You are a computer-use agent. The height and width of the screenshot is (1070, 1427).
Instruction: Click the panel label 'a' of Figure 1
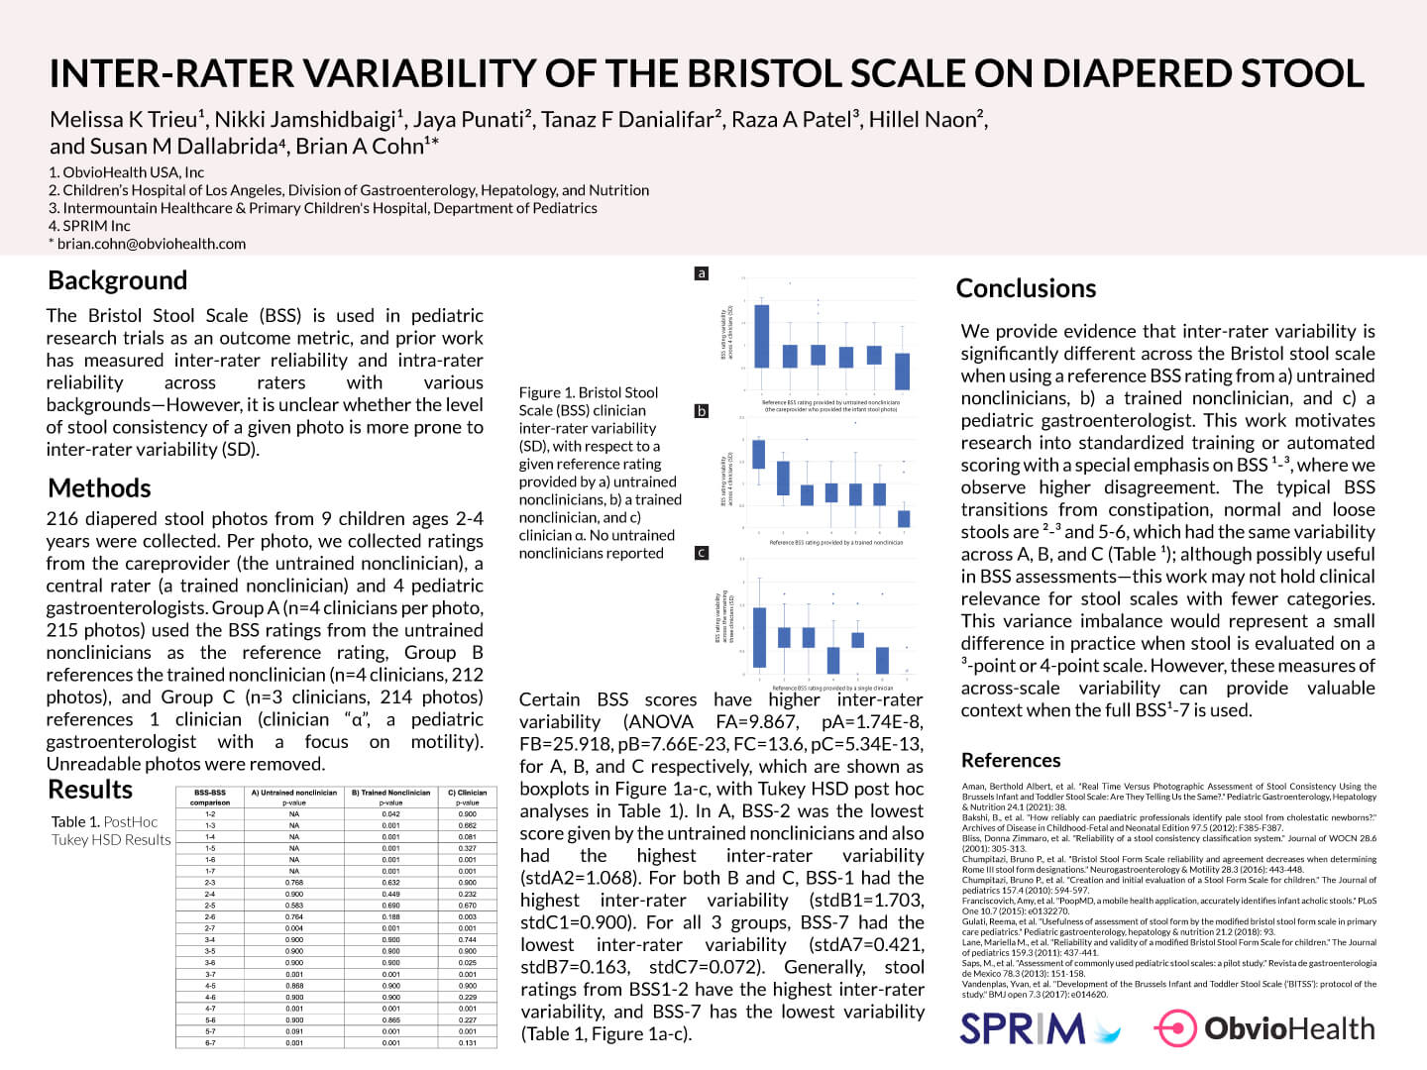(x=702, y=272)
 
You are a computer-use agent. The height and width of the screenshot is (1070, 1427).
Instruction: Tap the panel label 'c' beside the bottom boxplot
(x=702, y=553)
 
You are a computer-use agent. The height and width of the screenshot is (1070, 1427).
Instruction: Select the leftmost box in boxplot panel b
(x=759, y=454)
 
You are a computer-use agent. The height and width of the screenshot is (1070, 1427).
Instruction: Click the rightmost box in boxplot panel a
(x=902, y=371)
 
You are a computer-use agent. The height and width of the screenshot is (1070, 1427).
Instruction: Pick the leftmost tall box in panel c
(x=760, y=637)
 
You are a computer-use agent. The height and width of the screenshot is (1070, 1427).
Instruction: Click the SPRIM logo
(x=1040, y=1028)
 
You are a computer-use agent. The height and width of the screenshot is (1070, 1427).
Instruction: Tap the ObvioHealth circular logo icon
(x=1175, y=1028)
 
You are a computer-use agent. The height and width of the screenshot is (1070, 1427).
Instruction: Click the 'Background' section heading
(x=117, y=280)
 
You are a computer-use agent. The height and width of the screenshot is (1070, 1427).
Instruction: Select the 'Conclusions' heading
(x=1026, y=288)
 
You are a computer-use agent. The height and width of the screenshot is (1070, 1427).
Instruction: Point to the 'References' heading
(x=1011, y=760)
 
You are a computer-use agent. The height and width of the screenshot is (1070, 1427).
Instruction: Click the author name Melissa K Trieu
(x=125, y=120)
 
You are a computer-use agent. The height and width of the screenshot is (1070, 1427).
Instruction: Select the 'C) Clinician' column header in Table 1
(x=468, y=793)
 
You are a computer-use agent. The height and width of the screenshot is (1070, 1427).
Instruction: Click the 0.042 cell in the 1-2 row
(x=390, y=814)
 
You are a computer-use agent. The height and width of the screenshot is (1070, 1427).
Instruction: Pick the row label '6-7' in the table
(x=210, y=1042)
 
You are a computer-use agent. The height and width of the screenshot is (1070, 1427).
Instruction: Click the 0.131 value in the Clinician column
(x=468, y=1042)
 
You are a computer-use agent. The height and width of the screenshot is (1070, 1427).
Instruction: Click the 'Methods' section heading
(x=99, y=488)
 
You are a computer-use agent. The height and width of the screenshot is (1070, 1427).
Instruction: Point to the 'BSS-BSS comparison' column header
(x=210, y=798)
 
